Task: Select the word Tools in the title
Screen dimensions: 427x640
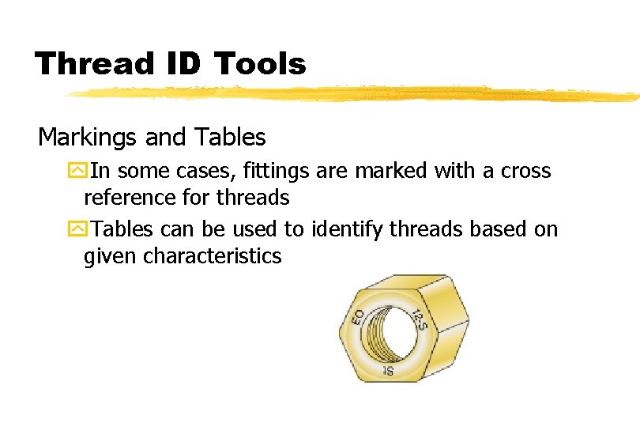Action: [x=260, y=63]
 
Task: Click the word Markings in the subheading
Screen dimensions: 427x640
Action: [x=88, y=138]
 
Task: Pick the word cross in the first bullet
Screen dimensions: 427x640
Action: [x=525, y=171]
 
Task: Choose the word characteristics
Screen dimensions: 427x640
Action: [x=213, y=256]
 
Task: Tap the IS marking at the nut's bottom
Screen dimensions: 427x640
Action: [x=389, y=369]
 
